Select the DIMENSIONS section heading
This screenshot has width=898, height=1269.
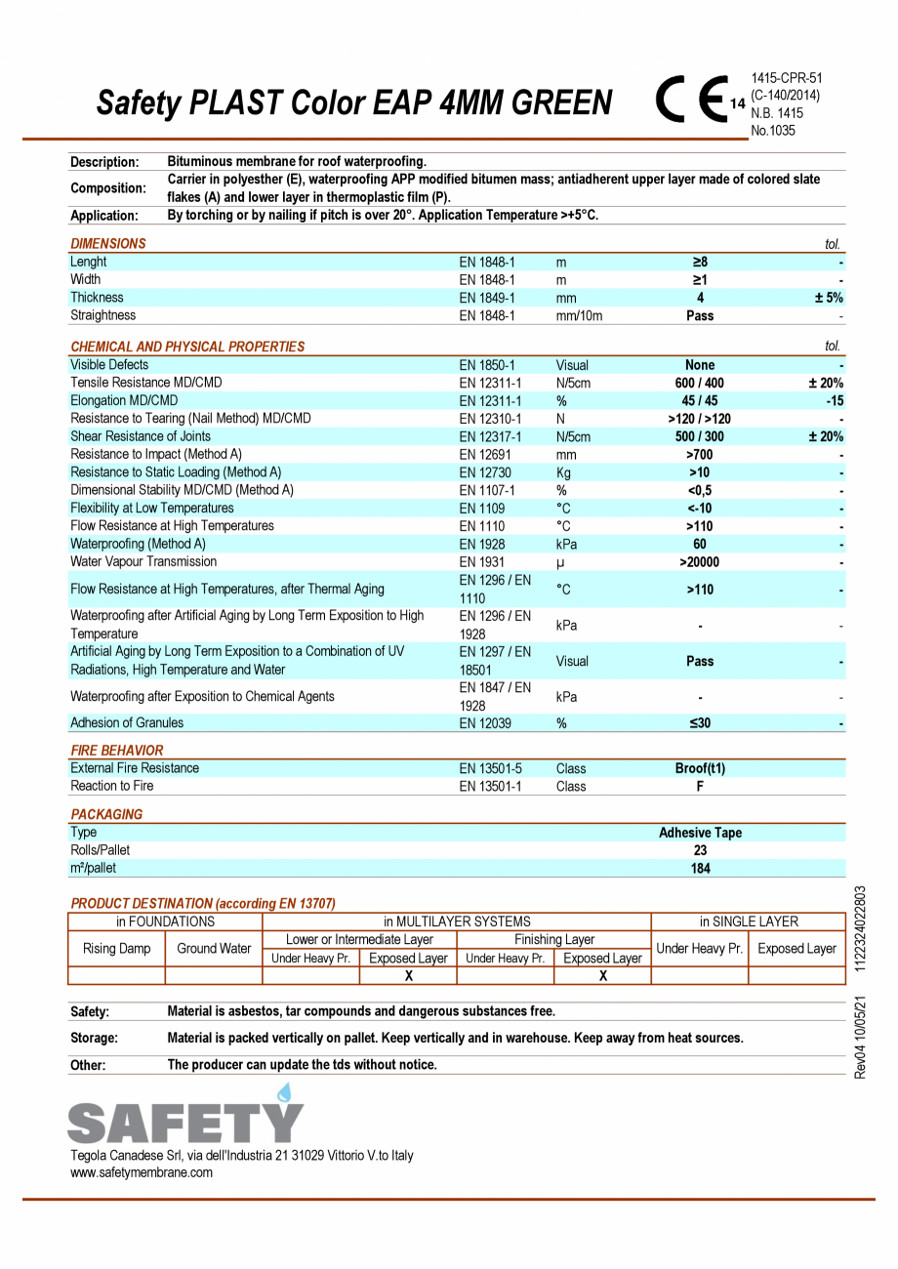tap(108, 244)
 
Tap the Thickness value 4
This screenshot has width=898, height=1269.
tap(700, 298)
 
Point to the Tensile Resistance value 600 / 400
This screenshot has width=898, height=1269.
tap(700, 383)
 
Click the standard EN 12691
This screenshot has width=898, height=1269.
tap(487, 454)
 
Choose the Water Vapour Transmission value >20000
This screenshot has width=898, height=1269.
tap(700, 562)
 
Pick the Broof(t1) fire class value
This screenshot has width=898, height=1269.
tap(700, 768)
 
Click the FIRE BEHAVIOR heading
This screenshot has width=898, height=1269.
tap(117, 751)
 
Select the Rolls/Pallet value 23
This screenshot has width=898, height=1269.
tap(700, 850)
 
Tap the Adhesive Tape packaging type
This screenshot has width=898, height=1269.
tap(700, 833)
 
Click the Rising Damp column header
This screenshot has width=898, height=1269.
tap(116, 948)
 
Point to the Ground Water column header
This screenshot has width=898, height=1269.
tap(214, 948)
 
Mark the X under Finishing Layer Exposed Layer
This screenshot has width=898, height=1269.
tap(603, 975)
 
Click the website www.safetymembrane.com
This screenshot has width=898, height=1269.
tap(142, 1172)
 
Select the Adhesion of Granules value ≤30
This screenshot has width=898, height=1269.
tap(700, 723)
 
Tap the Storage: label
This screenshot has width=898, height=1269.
tap(94, 1038)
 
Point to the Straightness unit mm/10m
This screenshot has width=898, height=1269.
tap(579, 315)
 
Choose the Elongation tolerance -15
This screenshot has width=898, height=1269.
tap(834, 400)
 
